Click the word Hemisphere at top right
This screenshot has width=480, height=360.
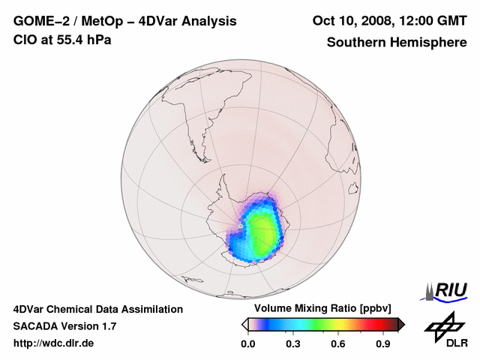(429, 42)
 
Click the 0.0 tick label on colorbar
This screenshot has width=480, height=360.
(247, 344)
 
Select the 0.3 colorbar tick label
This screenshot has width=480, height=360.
(293, 344)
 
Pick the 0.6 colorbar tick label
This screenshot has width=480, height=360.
(339, 344)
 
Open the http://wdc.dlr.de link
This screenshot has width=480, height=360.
(54, 343)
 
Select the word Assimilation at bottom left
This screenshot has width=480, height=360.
(147, 309)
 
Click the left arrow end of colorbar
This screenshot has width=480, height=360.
(244, 324)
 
